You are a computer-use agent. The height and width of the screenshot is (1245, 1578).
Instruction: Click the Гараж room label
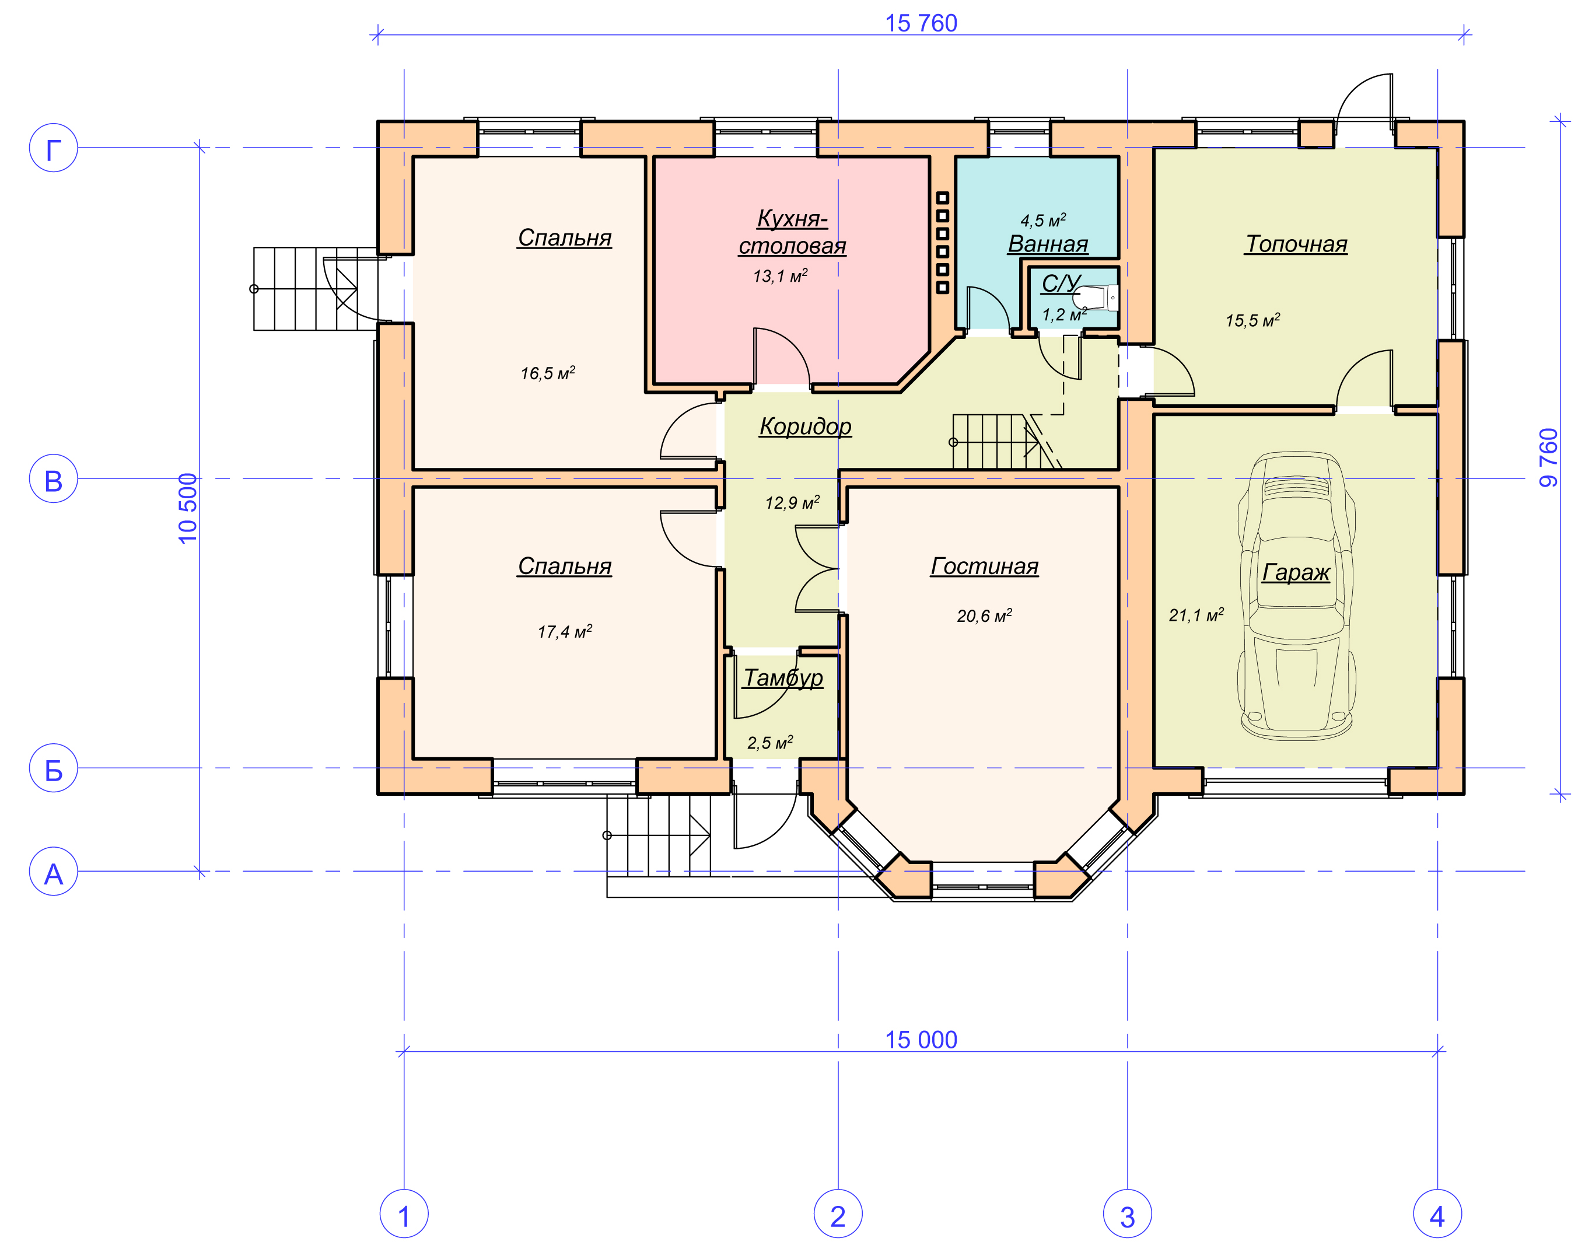(x=1295, y=573)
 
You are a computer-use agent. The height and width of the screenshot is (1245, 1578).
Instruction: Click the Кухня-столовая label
(x=792, y=232)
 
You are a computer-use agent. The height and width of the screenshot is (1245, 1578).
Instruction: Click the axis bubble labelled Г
(x=53, y=148)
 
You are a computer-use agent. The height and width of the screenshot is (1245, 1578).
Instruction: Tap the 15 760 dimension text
(x=921, y=23)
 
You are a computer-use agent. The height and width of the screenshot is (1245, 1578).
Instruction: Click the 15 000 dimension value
(x=921, y=1040)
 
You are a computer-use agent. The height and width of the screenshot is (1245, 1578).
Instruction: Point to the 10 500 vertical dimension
(x=188, y=508)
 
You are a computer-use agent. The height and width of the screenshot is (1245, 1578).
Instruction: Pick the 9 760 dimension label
(x=1548, y=458)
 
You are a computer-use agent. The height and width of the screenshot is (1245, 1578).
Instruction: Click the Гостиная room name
(x=984, y=566)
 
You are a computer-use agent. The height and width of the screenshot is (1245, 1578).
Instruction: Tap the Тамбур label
(x=783, y=679)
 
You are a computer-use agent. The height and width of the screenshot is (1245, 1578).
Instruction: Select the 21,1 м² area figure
(x=1196, y=615)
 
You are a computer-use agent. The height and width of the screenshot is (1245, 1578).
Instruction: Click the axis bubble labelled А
(x=53, y=871)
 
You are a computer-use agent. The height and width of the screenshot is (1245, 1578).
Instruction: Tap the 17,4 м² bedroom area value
(x=564, y=632)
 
